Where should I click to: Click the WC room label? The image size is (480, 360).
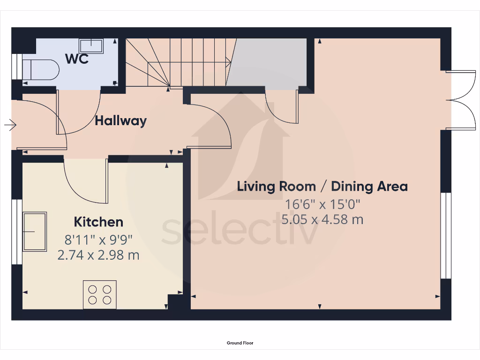[77, 59]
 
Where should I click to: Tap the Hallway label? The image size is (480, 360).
[120, 121]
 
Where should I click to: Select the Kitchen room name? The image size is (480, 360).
[98, 222]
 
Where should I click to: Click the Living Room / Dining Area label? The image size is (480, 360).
[322, 187]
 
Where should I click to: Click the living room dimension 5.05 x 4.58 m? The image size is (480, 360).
[323, 219]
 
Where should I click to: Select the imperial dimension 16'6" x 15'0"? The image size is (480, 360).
[322, 204]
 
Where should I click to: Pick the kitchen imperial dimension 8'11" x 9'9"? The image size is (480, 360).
[98, 240]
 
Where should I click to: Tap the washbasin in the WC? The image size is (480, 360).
[91, 46]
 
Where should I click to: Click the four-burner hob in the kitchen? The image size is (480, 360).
[100, 294]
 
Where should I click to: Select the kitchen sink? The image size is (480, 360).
[35, 232]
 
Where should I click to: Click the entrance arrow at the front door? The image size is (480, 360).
[10, 125]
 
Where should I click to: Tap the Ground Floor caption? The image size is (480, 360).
[240, 343]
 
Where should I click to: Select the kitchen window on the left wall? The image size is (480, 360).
[17, 232]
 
